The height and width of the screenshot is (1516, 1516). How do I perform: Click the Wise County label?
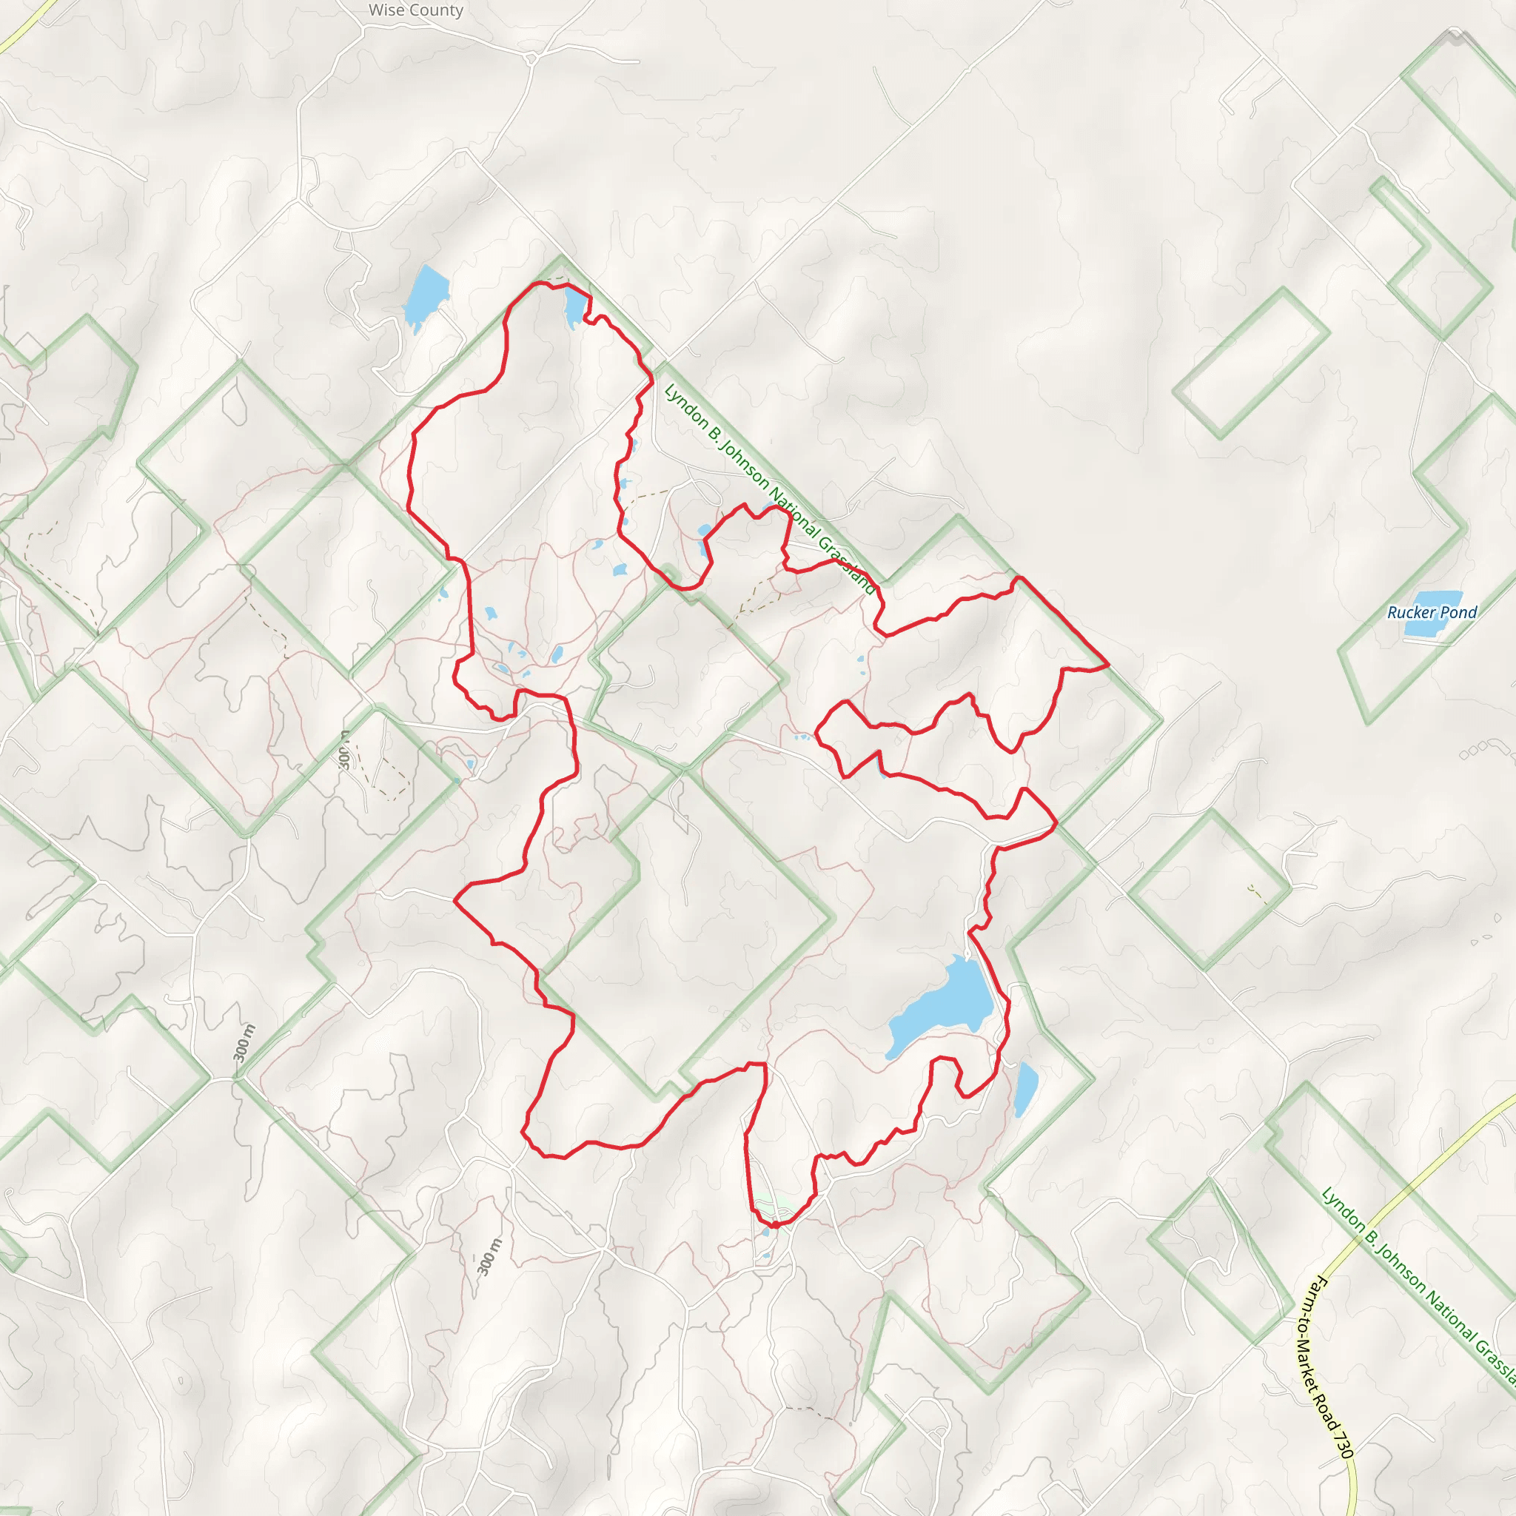click(x=416, y=10)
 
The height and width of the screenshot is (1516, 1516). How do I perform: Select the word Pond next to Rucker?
click(x=1459, y=612)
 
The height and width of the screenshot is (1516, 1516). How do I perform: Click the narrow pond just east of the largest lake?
click(x=1024, y=1087)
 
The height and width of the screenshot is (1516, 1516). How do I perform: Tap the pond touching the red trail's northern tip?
click(x=574, y=309)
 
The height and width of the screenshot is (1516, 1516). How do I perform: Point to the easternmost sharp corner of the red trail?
click(x=1108, y=665)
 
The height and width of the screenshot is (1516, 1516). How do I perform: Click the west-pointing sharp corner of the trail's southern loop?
click(x=455, y=901)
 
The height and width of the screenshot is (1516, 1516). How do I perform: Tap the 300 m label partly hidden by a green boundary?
click(x=344, y=749)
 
